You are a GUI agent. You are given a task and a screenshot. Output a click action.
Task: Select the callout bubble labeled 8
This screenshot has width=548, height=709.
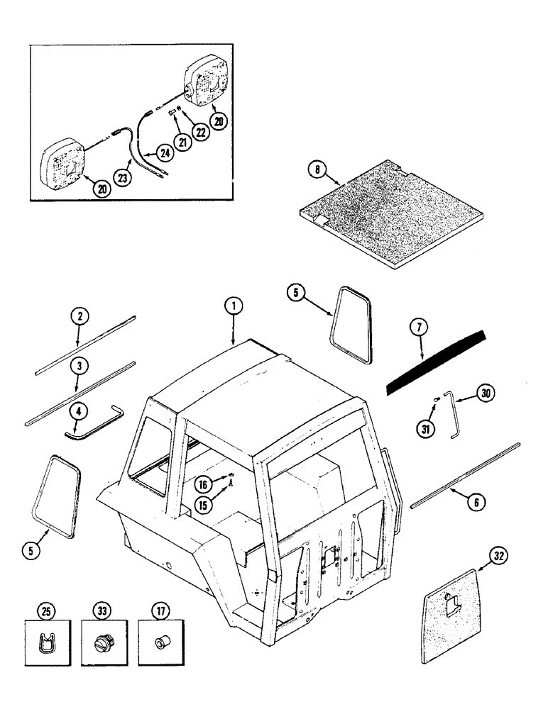[x=317, y=169]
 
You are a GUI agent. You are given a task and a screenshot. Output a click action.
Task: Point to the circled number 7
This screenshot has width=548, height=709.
[x=420, y=328]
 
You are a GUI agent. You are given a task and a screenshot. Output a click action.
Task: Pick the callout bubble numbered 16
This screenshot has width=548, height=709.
[x=204, y=484]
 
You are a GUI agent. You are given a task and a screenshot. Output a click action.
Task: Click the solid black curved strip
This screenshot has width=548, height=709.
[x=437, y=362]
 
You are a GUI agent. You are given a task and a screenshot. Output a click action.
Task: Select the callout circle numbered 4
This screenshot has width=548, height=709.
[x=79, y=411]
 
